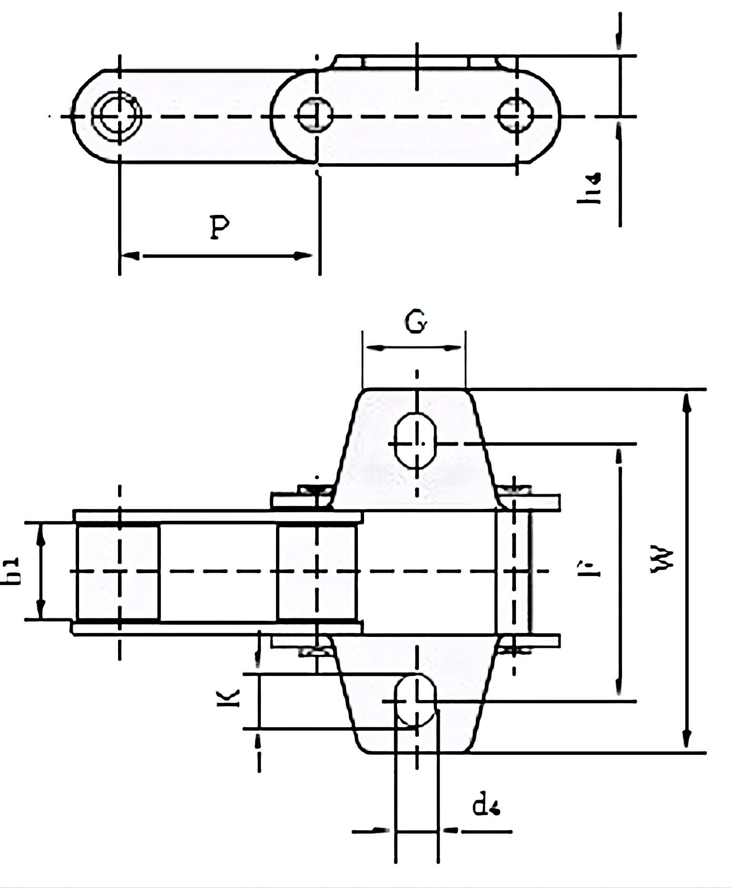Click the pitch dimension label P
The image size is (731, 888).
point(219,227)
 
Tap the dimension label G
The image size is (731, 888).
point(416,321)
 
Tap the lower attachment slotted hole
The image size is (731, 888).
point(416,700)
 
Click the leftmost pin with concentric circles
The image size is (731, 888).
point(117,116)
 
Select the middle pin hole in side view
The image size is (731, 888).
point(315,115)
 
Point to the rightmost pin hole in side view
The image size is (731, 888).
point(515,115)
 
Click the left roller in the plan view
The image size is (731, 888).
point(118,572)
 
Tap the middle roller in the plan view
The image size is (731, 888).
point(316,572)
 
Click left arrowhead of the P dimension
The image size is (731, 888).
point(128,256)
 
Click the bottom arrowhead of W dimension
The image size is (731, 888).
point(686,741)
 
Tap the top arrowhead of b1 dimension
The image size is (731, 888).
point(41,534)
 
